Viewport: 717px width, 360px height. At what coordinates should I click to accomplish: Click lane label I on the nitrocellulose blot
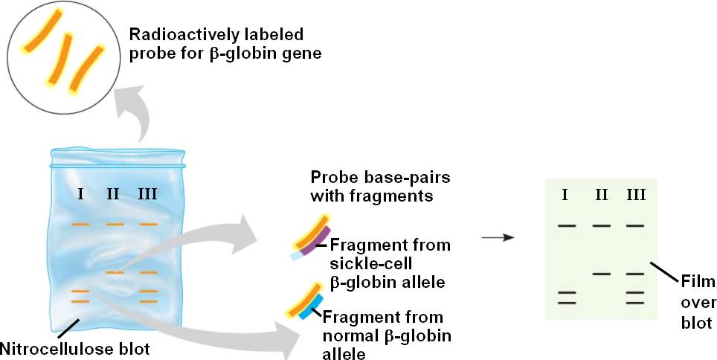pyautogui.click(x=80, y=194)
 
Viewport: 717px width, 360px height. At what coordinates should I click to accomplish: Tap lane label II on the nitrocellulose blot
pyautogui.click(x=113, y=194)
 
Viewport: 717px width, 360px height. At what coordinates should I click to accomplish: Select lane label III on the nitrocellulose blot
pyautogui.click(x=147, y=194)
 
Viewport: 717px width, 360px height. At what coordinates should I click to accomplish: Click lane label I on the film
pyautogui.click(x=566, y=196)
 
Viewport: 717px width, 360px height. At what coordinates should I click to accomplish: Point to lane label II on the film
pyautogui.click(x=601, y=196)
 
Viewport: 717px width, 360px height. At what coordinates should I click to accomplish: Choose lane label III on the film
pyautogui.click(x=635, y=196)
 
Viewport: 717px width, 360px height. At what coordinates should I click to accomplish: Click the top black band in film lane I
pyautogui.click(x=567, y=225)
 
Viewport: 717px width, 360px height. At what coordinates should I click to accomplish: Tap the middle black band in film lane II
pyautogui.click(x=602, y=274)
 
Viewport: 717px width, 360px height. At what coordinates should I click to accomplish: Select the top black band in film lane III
pyautogui.click(x=635, y=225)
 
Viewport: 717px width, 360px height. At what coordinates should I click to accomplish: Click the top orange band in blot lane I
pyautogui.click(x=80, y=224)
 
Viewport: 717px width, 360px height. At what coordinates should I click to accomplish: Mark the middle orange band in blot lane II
pyautogui.click(x=115, y=273)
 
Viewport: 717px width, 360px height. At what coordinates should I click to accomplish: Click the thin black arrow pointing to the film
pyautogui.click(x=498, y=238)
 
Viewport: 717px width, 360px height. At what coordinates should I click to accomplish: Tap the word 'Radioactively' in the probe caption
pyautogui.click(x=177, y=35)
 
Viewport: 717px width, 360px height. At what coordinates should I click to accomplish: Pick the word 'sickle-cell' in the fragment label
pyautogui.click(x=362, y=263)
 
